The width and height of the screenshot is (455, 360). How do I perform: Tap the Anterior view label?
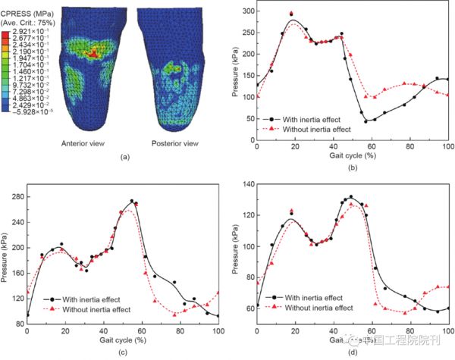point(96,142)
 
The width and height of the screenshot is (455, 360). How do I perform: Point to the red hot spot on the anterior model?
point(92,54)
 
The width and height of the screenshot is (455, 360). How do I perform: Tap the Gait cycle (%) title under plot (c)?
point(123,337)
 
